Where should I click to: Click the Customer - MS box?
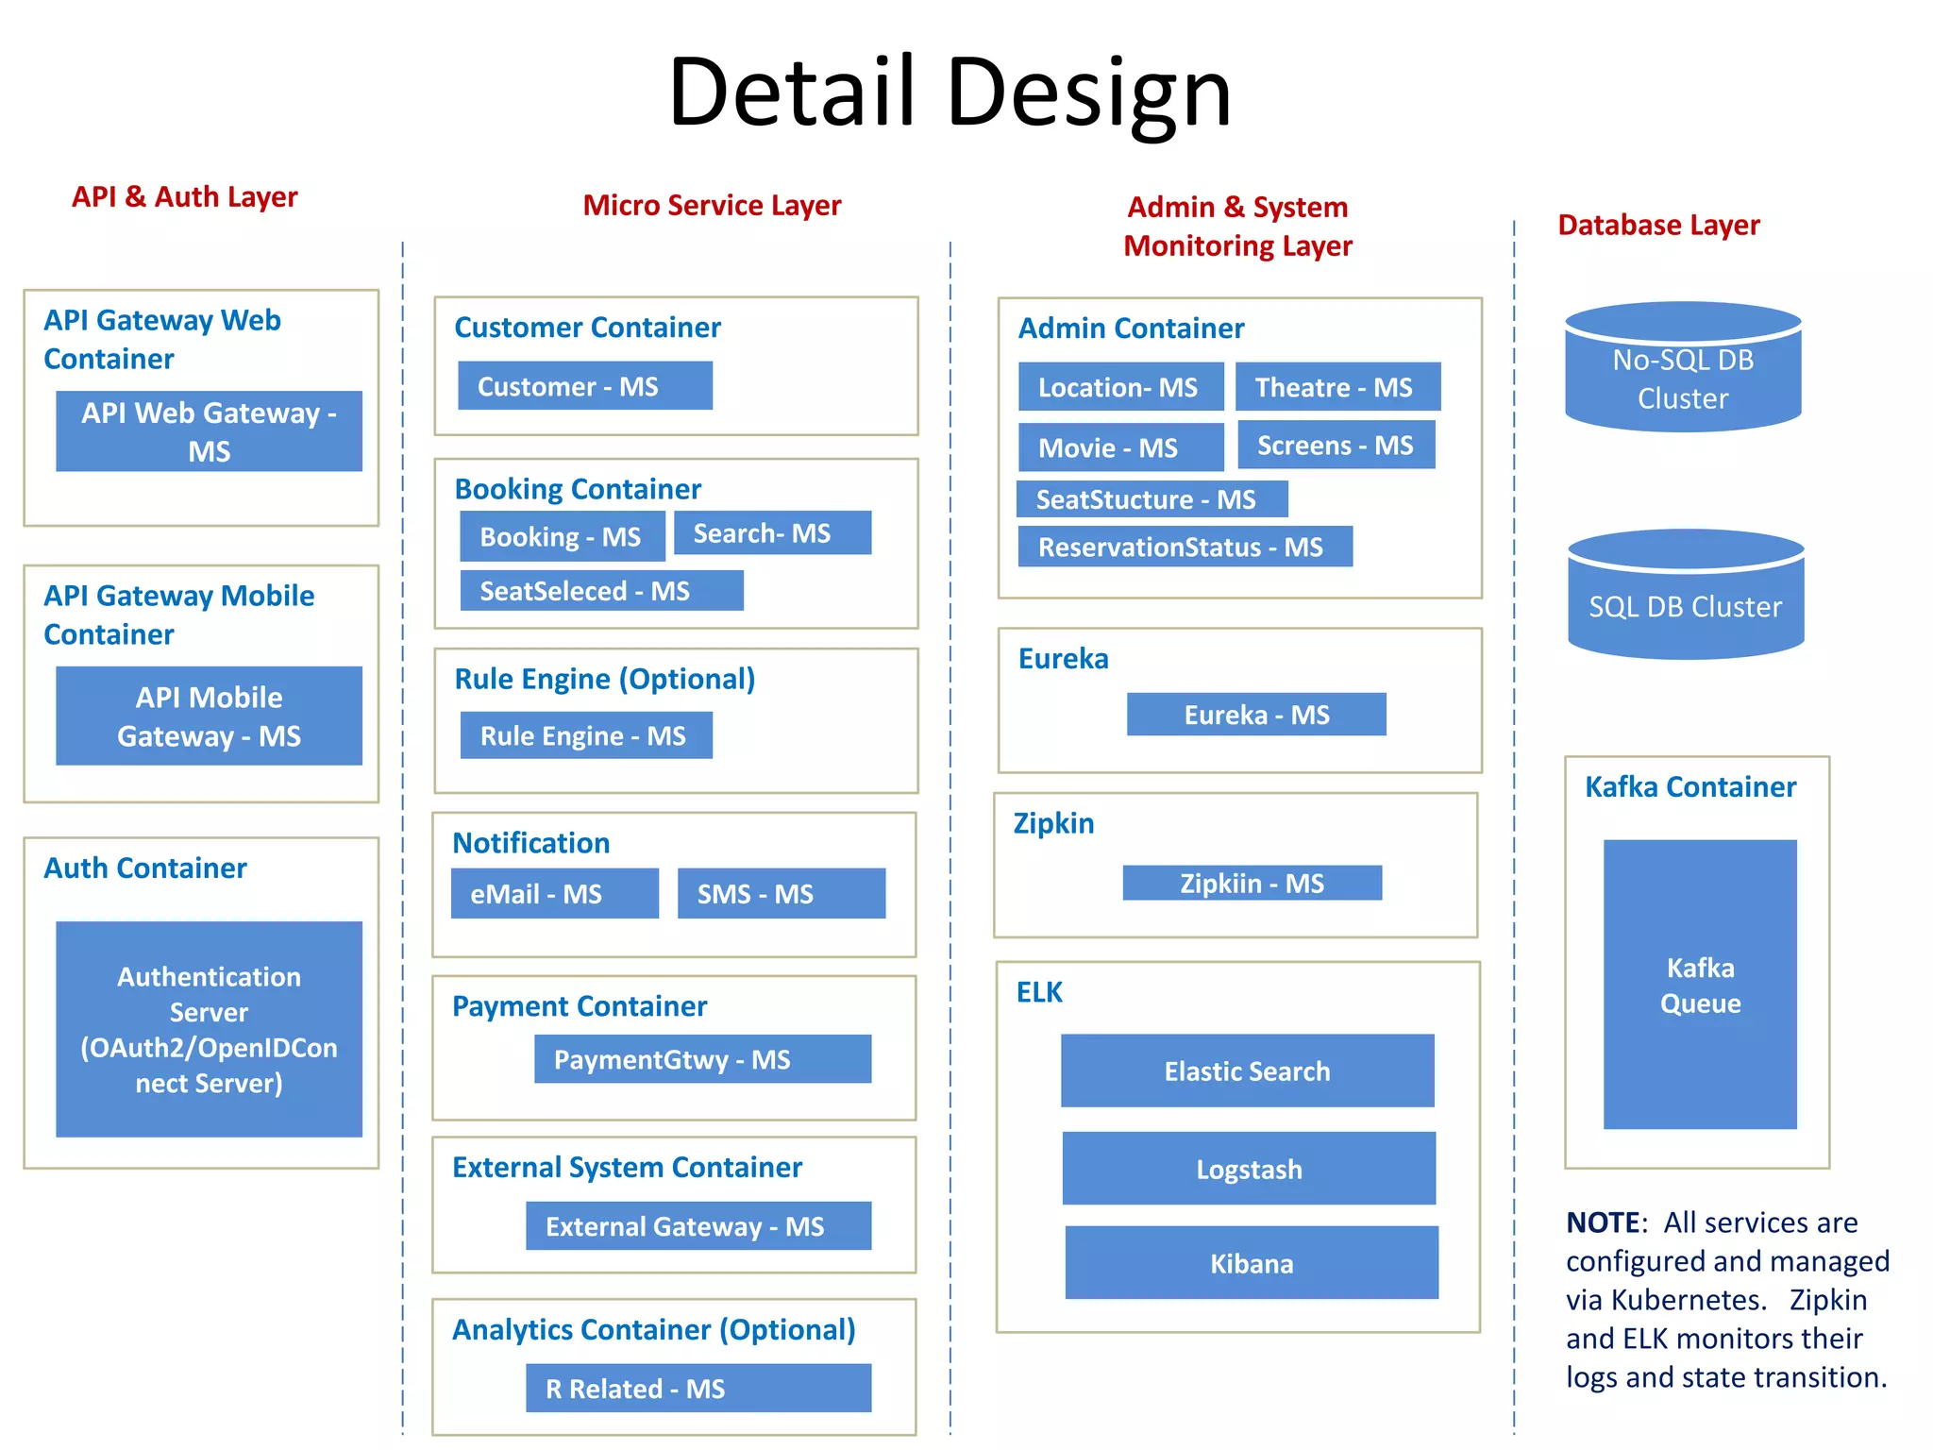(584, 386)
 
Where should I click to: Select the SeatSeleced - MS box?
(601, 591)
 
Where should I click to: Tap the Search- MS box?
(772, 533)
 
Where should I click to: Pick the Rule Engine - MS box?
(585, 735)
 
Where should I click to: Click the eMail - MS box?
(554, 893)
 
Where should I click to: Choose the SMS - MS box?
(781, 893)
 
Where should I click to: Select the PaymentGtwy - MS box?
(701, 1059)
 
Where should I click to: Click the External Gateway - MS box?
(698, 1225)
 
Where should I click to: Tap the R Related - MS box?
(698, 1388)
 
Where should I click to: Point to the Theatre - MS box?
(1337, 387)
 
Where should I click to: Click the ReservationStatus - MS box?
(1185, 547)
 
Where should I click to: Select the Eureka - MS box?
(1255, 715)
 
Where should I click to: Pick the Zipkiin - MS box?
(1252, 883)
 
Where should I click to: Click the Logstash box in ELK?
(1248, 1169)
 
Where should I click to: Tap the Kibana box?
(1251, 1263)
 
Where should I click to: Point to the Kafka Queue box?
(1700, 985)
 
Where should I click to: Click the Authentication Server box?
(209, 1029)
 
